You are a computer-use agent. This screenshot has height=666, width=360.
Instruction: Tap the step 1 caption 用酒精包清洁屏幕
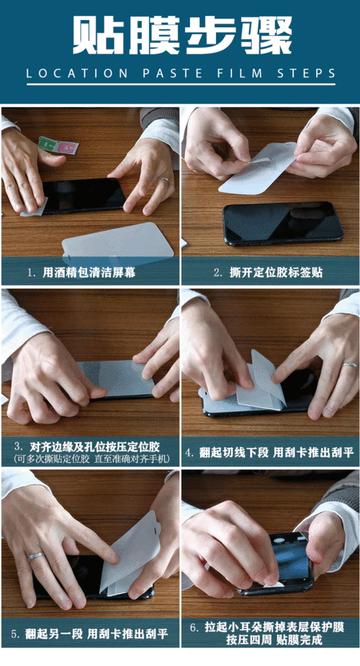pyautogui.click(x=90, y=273)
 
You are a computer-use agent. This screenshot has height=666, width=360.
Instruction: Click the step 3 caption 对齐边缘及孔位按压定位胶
pyautogui.click(x=91, y=445)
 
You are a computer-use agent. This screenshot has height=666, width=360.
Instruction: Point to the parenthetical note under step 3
pyautogui.click(x=90, y=458)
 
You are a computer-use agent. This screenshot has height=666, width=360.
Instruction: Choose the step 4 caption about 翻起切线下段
pyautogui.click(x=270, y=453)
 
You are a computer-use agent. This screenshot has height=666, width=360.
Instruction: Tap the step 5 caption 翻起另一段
pyautogui.click(x=90, y=634)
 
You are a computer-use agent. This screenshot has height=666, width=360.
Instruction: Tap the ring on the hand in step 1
pyautogui.click(x=166, y=179)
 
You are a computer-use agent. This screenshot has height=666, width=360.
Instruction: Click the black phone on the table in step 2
pyautogui.click(x=281, y=223)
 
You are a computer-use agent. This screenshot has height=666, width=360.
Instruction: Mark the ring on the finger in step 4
pyautogui.click(x=350, y=365)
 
